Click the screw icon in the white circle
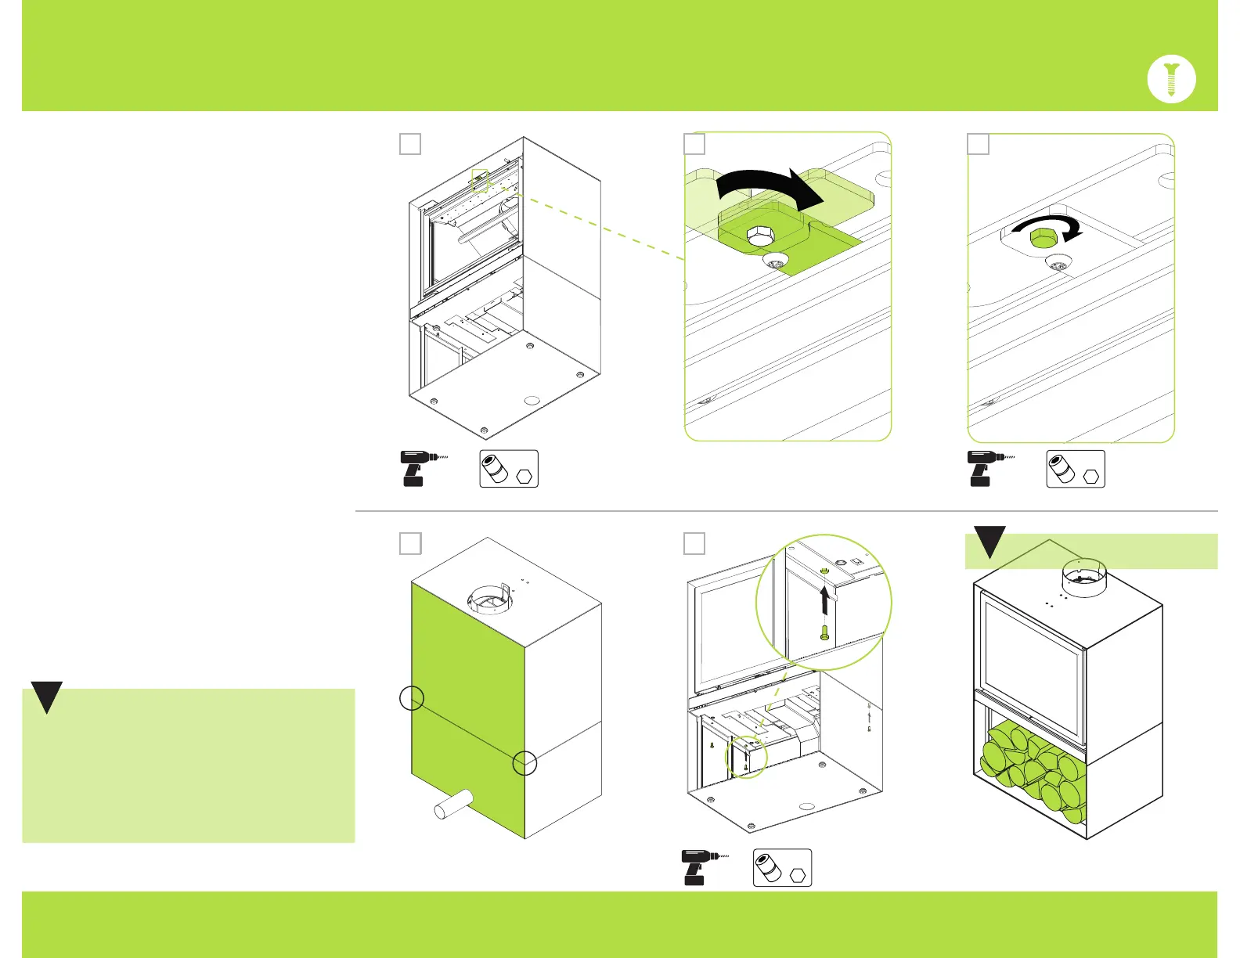1171,79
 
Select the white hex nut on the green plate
758,236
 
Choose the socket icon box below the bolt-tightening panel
1076,469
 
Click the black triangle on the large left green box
47,697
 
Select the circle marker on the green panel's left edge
412,698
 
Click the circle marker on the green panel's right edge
524,763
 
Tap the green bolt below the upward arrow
824,633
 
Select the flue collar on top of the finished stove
1083,578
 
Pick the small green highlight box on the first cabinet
480,181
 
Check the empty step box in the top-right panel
978,144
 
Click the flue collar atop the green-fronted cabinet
490,600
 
